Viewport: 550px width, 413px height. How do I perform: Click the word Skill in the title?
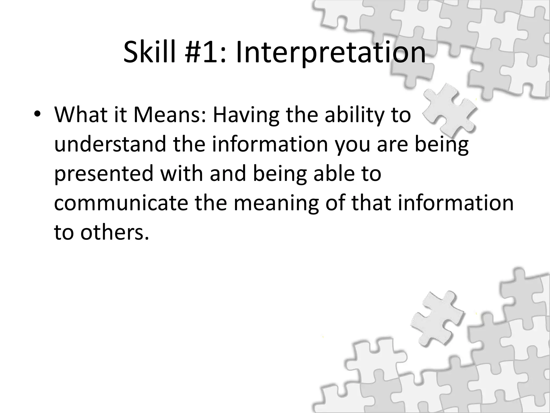pos(151,52)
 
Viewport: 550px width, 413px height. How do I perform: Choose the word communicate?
pos(121,203)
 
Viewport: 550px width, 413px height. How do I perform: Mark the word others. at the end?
pos(114,232)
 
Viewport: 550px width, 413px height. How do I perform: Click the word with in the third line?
pos(181,173)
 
